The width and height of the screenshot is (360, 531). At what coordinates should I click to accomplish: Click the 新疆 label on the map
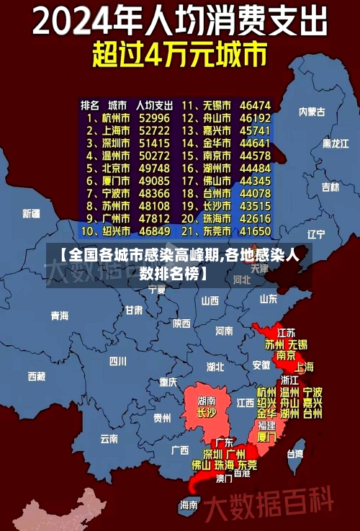point(31,213)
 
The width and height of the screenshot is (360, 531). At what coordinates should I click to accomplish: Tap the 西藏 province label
point(37,376)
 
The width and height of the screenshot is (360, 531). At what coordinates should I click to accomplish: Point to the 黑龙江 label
point(336,143)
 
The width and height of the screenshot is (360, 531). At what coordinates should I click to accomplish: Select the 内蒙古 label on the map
point(312,112)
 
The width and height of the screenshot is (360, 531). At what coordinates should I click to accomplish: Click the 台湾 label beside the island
point(296,454)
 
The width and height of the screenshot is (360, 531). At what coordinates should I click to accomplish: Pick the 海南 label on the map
point(189,505)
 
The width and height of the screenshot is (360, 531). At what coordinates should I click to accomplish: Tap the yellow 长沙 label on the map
point(206,414)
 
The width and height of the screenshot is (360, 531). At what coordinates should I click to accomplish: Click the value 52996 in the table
point(154,117)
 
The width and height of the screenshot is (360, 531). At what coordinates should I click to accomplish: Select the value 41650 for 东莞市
point(255,231)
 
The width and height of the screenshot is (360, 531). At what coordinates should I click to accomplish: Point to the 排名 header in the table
point(90,104)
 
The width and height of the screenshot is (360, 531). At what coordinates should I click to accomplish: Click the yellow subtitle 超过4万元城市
point(179,55)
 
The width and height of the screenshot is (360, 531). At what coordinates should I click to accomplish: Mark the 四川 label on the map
point(117,361)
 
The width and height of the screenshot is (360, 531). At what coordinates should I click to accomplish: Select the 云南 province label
point(109,438)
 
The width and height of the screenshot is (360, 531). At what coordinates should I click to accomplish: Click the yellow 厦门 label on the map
point(266,437)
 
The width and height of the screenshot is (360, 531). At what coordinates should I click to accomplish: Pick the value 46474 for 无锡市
point(255,104)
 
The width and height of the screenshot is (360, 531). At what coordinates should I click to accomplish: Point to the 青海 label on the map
point(60,316)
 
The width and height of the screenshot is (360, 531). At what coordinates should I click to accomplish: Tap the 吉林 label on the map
point(330,187)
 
